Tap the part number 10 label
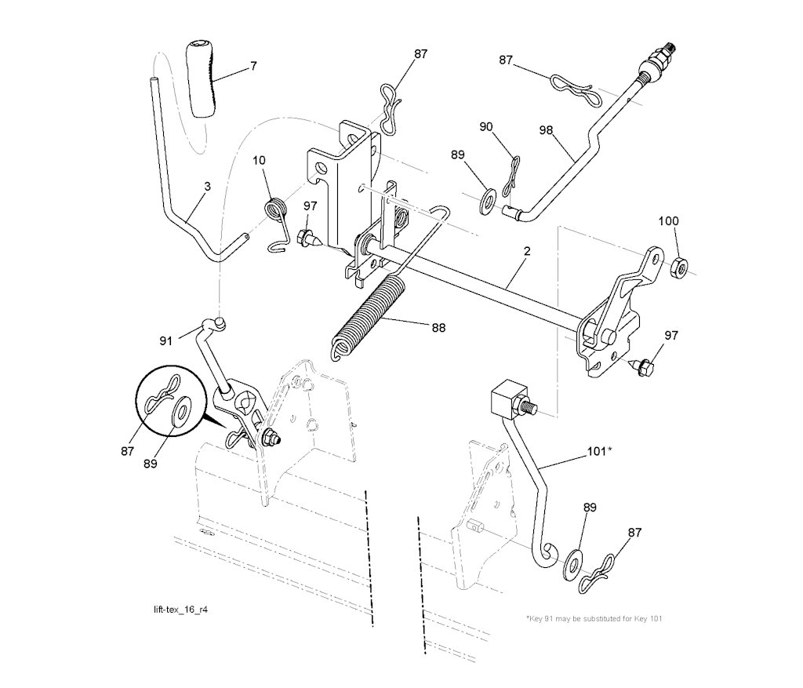pyautogui.click(x=259, y=160)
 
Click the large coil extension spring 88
pyautogui.click(x=367, y=317)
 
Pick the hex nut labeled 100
pyautogui.click(x=679, y=268)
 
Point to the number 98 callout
pyautogui.click(x=546, y=130)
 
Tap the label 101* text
pyautogui.click(x=598, y=451)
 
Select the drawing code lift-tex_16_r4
pyautogui.click(x=181, y=610)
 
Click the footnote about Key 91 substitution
pyautogui.click(x=594, y=618)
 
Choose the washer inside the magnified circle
pyautogui.click(x=181, y=409)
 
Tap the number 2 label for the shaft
pyautogui.click(x=527, y=251)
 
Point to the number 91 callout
pyautogui.click(x=166, y=340)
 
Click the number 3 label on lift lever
pyautogui.click(x=207, y=187)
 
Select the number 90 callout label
pyautogui.click(x=486, y=126)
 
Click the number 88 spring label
pyautogui.click(x=438, y=327)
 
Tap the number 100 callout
pyautogui.click(x=668, y=220)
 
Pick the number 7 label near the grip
pyautogui.click(x=253, y=66)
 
